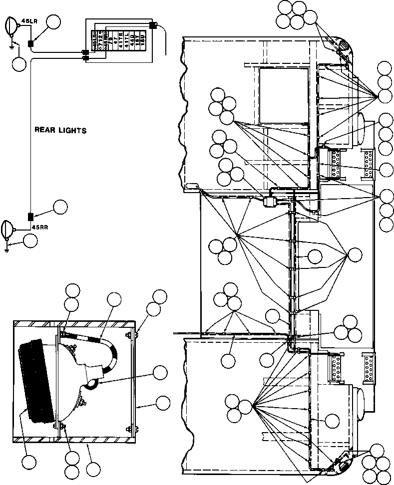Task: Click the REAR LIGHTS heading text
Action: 60,130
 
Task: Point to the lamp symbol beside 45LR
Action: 10,25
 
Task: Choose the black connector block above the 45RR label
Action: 31,216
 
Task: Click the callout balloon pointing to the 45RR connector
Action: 60,207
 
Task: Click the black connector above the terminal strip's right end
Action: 153,25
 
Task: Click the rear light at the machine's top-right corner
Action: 343,50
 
